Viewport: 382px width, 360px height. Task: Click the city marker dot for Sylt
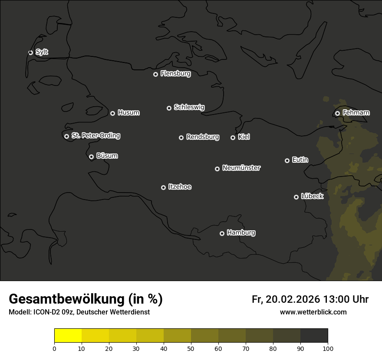[x=30, y=52]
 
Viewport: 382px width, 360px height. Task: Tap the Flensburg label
[x=175, y=74]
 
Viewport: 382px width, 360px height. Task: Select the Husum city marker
[x=112, y=113]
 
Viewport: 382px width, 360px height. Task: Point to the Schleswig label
[x=189, y=107]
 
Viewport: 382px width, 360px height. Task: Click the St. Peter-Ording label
[x=95, y=136]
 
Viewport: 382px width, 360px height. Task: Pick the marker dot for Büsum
[x=91, y=157]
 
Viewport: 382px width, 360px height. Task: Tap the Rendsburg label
[x=202, y=137]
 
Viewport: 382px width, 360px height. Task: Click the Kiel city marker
[x=233, y=137]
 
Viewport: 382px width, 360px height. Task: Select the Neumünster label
[x=241, y=168]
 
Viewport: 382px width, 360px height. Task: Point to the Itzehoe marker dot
[x=163, y=187]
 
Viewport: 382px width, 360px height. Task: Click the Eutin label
[x=300, y=160]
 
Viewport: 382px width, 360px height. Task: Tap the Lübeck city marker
[x=296, y=197]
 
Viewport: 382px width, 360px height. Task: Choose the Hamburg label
[x=241, y=233]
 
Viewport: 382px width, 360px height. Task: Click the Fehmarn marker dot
[x=337, y=113]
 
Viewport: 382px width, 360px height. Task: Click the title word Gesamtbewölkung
[x=66, y=299]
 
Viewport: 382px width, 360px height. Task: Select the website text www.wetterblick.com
[x=313, y=312]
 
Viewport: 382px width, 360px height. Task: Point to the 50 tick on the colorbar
[x=191, y=348]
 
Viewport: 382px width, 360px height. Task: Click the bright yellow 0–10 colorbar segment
[x=68, y=336]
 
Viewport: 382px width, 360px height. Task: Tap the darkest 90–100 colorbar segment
[x=314, y=336]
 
